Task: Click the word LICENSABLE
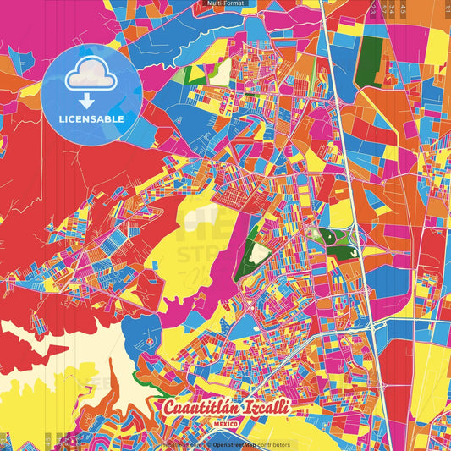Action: click(x=91, y=119)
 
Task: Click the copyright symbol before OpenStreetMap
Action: click(x=208, y=444)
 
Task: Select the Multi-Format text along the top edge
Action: click(x=225, y=3)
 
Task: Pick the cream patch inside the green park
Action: click(x=259, y=253)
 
